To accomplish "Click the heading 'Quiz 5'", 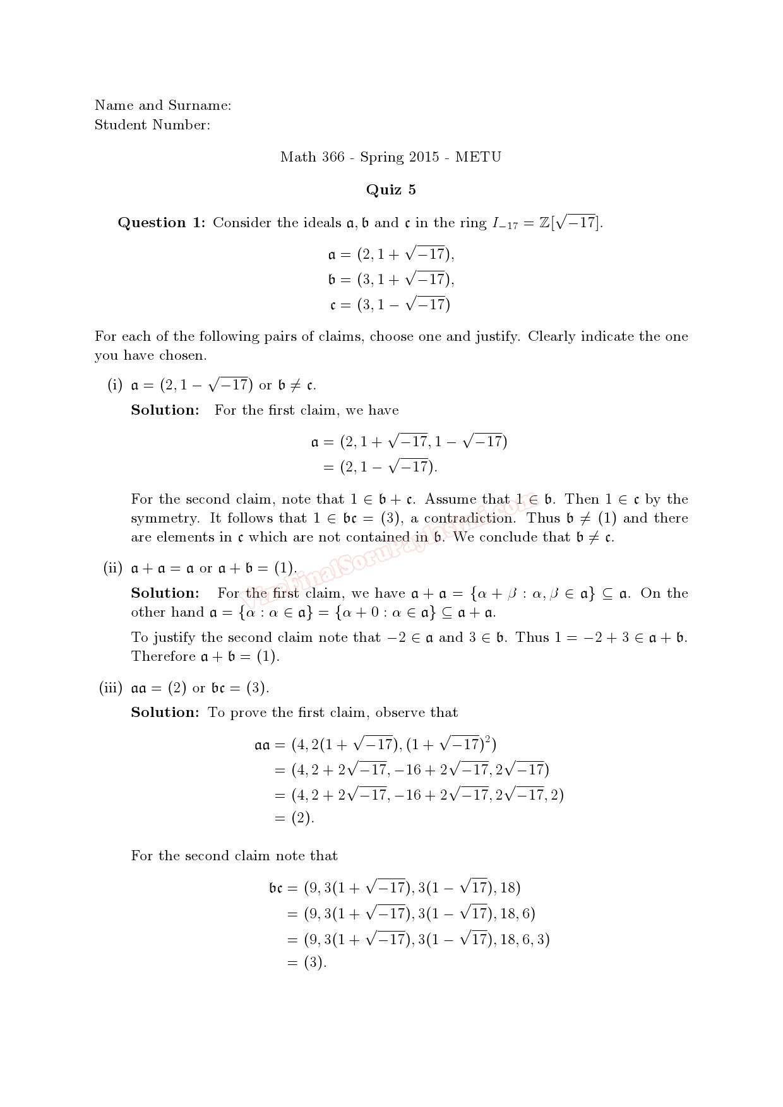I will click(391, 190).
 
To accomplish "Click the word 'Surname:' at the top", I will click(200, 105).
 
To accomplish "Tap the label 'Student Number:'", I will click(152, 125).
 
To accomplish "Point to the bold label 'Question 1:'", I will click(162, 223).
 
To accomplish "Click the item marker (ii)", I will click(112, 568).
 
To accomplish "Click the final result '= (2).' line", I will click(294, 819).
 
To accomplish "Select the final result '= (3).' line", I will click(306, 963).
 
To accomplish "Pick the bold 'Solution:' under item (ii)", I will click(165, 593).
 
